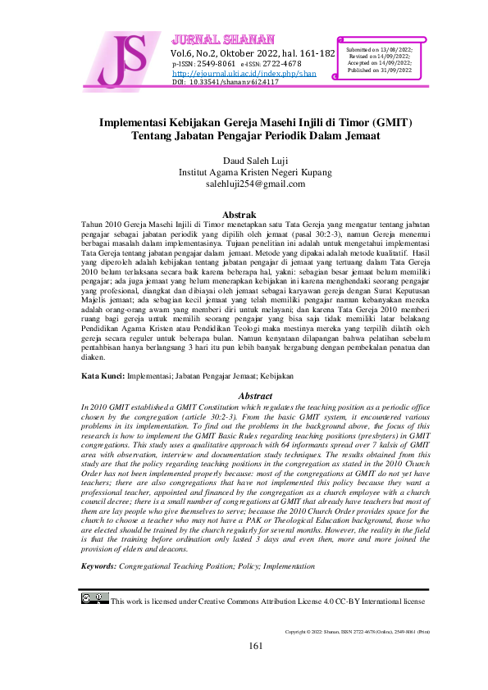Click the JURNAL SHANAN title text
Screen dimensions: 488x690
tap(208, 40)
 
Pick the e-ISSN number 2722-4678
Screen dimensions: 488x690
tap(283, 63)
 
